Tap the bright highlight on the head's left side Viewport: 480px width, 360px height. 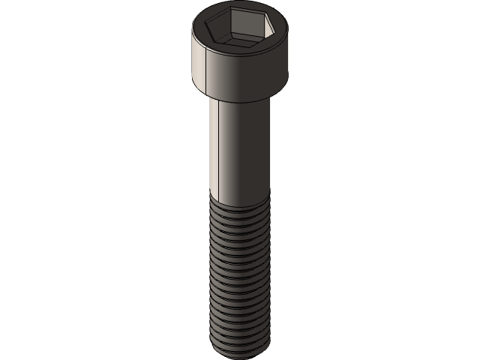click(197, 64)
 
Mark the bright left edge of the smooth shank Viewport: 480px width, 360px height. click(212, 150)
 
